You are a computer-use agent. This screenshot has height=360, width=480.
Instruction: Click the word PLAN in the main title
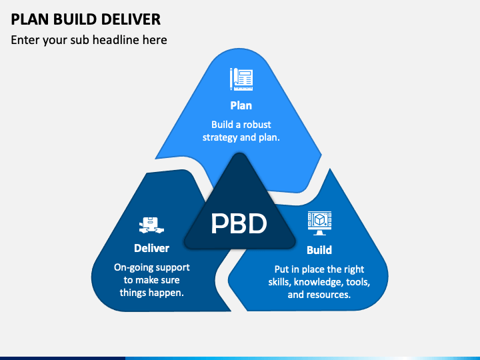click(30, 19)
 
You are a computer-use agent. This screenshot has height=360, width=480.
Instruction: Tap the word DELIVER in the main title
click(131, 19)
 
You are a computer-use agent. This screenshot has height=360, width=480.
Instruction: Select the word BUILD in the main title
click(75, 19)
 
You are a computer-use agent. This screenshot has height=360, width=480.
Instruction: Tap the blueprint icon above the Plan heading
click(241, 79)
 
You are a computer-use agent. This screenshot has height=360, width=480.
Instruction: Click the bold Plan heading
click(241, 105)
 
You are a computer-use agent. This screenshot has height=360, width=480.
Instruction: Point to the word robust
click(257, 125)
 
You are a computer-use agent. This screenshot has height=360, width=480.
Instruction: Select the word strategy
click(220, 137)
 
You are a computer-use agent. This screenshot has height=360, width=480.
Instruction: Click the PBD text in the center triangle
click(239, 223)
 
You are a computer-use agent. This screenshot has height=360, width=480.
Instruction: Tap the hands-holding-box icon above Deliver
click(151, 225)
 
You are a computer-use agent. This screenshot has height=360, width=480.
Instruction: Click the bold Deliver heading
click(151, 248)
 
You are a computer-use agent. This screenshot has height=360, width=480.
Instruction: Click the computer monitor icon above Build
click(319, 223)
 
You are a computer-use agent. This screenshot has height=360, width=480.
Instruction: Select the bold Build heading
click(319, 250)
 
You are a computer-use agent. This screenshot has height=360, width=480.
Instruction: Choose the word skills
click(279, 282)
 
